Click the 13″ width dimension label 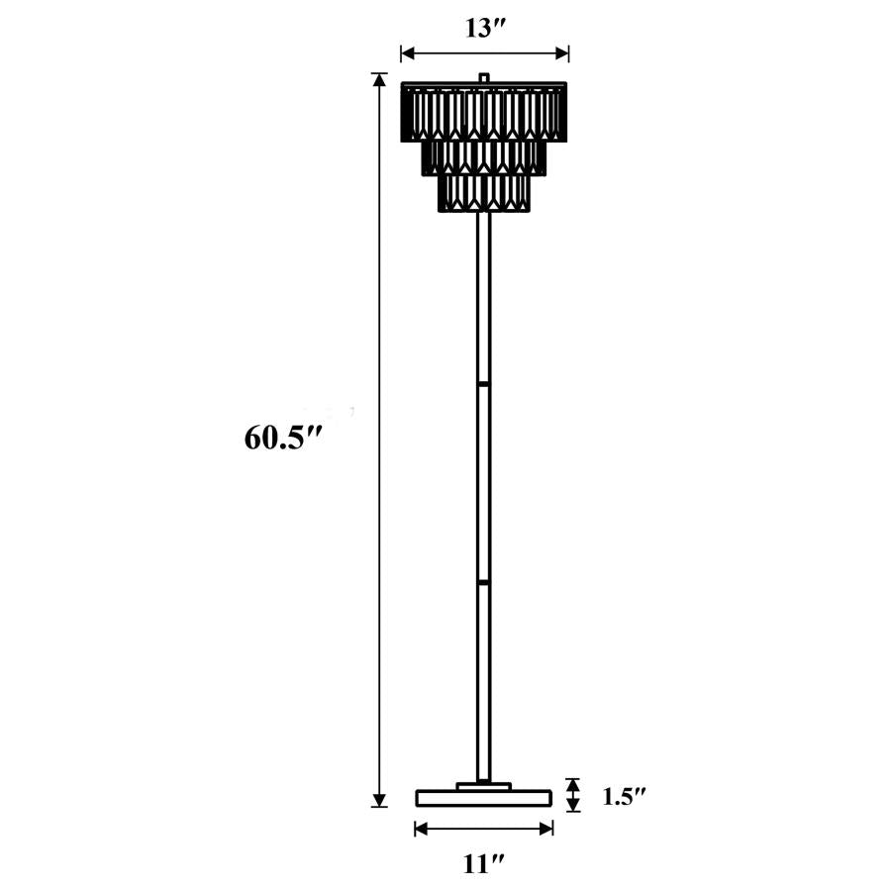pos(484,28)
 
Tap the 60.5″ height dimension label pos(284,437)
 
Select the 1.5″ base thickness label pos(625,796)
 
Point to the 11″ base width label pos(484,863)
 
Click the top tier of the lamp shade pos(484,111)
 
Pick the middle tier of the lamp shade pos(484,155)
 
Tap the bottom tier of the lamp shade pos(484,193)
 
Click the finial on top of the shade pos(484,76)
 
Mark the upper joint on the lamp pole pos(484,381)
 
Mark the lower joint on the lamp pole pos(484,582)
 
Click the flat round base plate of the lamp pos(484,797)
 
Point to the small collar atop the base pos(484,786)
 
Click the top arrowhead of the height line pos(378,80)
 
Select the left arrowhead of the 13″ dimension pos(406,53)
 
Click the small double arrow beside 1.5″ pos(572,795)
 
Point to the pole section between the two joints pos(484,482)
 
